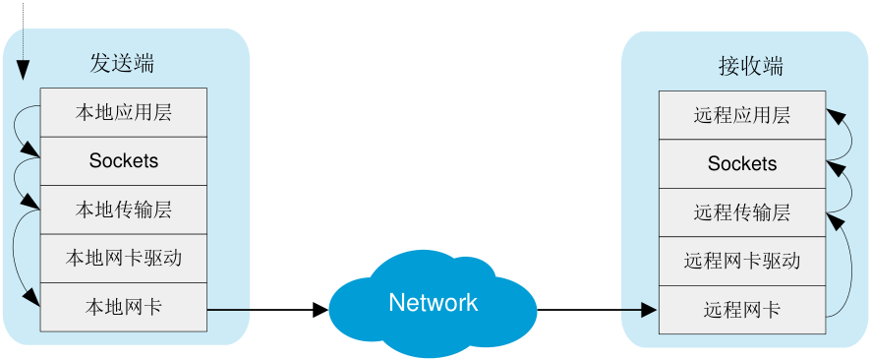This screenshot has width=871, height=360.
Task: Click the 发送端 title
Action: point(122,64)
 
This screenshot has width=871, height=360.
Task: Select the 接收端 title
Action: point(750,67)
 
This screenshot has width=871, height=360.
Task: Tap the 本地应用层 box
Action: point(124,112)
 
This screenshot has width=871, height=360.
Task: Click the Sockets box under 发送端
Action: point(124,161)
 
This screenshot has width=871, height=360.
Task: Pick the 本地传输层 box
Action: point(124,210)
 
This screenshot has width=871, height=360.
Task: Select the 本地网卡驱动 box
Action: point(124,259)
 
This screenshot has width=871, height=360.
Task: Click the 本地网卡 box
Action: point(124,307)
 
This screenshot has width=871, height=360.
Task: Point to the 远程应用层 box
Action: point(742,115)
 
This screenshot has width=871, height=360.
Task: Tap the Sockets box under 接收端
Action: point(742,164)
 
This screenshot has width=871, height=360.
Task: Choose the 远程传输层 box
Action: point(742,212)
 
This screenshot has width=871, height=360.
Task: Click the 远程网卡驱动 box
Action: point(742,261)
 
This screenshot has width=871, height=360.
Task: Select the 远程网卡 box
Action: point(742,310)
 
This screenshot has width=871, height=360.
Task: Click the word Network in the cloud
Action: point(434,302)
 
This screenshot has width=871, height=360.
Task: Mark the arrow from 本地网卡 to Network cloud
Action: point(267,310)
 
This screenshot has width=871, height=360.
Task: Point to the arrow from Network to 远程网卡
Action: point(597,310)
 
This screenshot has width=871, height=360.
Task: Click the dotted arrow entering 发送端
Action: point(23,40)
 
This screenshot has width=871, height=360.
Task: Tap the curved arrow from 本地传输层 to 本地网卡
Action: point(14,250)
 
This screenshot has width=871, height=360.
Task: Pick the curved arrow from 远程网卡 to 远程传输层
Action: point(850,267)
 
